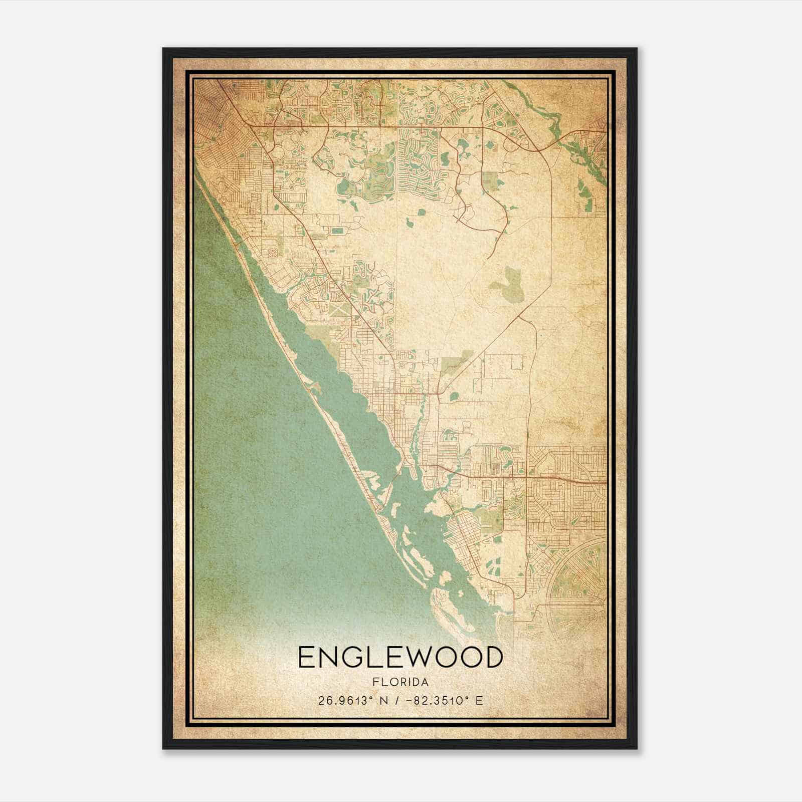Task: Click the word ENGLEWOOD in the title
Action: tap(400, 657)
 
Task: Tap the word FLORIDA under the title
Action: tap(400, 682)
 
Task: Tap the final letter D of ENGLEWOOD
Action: tap(493, 657)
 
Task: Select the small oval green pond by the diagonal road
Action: tap(454, 396)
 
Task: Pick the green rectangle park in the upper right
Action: tap(490, 180)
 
